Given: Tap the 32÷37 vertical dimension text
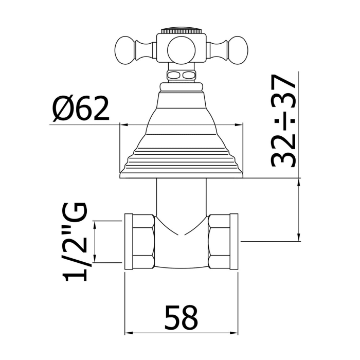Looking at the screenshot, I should point(283,121).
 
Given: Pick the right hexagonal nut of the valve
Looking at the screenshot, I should point(223,241).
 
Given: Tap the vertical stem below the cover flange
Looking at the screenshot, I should point(181,198).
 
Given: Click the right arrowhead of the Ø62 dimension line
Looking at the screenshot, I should point(240,124).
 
